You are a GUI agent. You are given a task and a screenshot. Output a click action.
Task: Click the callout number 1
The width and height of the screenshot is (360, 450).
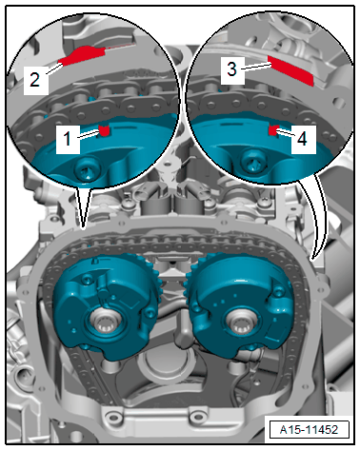coord(67,139)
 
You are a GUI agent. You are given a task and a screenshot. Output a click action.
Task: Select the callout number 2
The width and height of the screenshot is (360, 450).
coord(34,79)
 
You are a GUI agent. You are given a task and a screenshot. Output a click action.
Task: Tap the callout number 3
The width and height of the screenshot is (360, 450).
coord(232,68)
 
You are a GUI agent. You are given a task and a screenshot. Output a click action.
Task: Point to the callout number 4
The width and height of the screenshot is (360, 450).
coord(302,139)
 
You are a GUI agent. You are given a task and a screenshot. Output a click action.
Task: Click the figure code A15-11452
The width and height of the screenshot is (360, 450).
coord(309,430)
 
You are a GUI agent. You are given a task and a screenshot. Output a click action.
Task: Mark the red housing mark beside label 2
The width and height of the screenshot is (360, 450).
coord(83,54)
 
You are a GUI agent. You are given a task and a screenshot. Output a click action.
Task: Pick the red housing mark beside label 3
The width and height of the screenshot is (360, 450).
coord(290,70)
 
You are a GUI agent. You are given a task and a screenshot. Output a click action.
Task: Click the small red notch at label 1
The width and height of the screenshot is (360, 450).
coord(104,130)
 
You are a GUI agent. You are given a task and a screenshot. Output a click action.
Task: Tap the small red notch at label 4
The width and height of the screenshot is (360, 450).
coord(273,130)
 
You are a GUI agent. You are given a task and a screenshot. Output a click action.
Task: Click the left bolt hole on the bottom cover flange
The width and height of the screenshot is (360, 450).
coord(111,416)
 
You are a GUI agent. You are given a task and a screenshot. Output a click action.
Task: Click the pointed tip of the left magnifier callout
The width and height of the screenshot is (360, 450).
coord(83,228)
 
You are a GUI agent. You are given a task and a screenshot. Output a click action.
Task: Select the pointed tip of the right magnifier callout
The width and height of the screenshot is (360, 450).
coord(313,260)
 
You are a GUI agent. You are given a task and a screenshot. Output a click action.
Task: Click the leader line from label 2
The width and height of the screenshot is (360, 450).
coord(53,68)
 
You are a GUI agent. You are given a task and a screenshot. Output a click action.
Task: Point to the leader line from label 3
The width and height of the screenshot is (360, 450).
coord(255,67)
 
